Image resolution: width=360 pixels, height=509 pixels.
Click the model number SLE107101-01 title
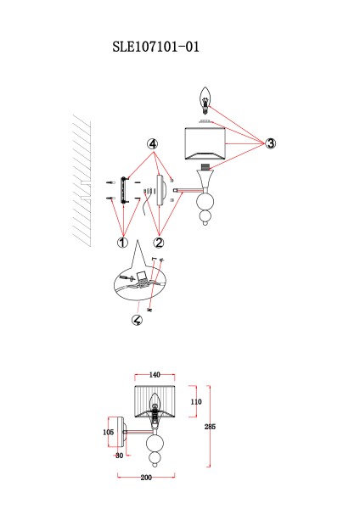coord(155,47)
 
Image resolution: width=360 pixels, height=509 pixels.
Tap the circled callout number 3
coord(270,143)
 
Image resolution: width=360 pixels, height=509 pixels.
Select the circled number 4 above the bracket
coord(153,144)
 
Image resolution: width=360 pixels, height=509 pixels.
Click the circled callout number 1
coord(122,242)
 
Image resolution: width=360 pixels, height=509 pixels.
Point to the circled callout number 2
coord(159,242)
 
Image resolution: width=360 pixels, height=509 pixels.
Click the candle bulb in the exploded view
coord(205,101)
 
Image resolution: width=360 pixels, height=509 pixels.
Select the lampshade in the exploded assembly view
coord(205,144)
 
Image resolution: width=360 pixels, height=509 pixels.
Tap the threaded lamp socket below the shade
coord(205,167)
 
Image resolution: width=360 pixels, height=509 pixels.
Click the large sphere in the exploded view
coord(205,202)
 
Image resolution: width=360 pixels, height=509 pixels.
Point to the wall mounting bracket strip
coord(123,190)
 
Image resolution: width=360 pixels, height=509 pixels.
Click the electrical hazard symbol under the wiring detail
coord(137,320)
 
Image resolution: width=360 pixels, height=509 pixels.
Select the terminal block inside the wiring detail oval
coord(142,278)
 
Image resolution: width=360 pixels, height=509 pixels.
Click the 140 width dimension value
coord(155,375)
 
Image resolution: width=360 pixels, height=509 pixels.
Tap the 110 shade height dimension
coord(196,402)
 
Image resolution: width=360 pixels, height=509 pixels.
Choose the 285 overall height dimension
coord(210,427)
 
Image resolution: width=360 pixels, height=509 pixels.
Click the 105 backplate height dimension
coord(108,432)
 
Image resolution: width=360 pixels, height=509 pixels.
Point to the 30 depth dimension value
coord(119,456)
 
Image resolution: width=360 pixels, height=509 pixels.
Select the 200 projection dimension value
coord(146,478)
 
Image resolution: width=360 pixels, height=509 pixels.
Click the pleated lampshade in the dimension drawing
coord(155,401)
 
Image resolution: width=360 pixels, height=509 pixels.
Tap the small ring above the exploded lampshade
coord(205,121)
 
